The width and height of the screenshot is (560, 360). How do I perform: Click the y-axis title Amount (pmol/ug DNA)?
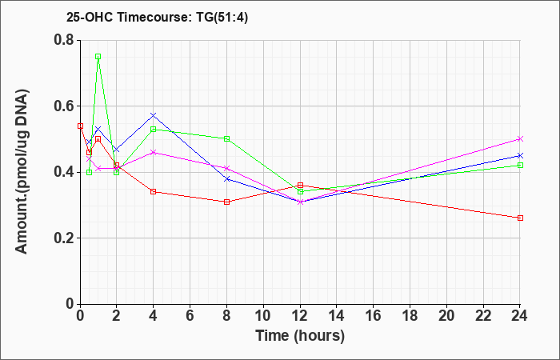pos(22,171)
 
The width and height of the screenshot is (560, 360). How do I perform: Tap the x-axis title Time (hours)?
pos(300,336)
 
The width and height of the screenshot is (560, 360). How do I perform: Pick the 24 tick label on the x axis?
pos(520,316)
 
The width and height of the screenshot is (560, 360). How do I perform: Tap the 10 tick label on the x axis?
pos(263,316)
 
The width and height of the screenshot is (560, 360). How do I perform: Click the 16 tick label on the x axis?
pos(373,316)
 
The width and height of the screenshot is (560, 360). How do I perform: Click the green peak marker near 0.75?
pos(98,57)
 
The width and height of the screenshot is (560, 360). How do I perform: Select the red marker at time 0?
pos(80,126)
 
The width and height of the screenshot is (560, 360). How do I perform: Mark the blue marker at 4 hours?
pos(154,115)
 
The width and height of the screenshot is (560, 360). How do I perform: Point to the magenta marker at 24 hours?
pos(520,138)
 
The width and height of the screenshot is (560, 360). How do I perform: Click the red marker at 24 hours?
pos(520,218)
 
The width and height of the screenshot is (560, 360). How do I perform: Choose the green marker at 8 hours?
pos(226,138)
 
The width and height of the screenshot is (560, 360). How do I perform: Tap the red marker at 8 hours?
pos(226,202)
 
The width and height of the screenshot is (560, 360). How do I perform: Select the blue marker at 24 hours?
pos(520,155)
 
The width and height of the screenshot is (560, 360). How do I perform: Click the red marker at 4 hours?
pos(154,191)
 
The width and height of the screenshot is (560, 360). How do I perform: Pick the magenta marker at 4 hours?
pos(154,152)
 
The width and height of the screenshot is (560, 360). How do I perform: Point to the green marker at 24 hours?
pos(520,165)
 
